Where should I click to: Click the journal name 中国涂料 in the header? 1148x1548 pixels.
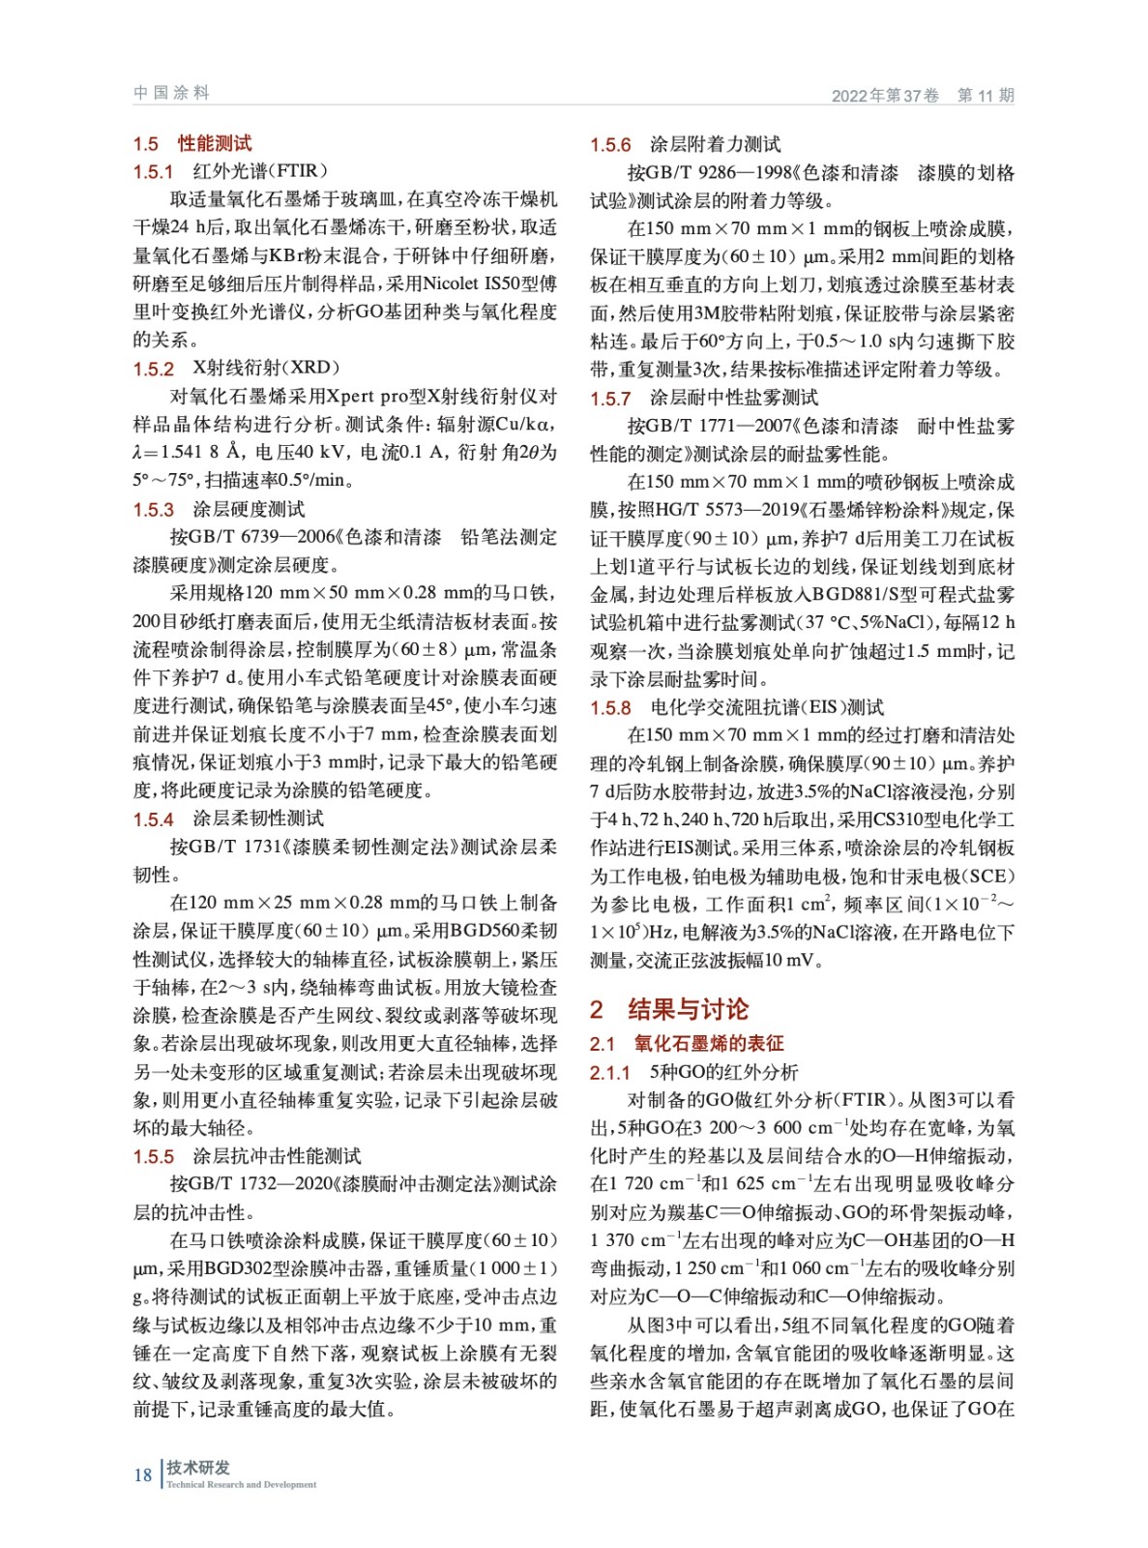tap(171, 93)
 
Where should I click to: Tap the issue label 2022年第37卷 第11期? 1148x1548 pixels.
tap(922, 95)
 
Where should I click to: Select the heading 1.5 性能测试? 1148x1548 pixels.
tap(191, 143)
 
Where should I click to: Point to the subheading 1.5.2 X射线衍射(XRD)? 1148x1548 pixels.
tap(236, 368)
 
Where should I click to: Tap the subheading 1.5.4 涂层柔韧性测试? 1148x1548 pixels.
tap(228, 819)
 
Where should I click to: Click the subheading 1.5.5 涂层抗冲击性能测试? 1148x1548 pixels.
tap(247, 1156)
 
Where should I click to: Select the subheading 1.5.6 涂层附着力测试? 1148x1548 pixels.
tap(686, 144)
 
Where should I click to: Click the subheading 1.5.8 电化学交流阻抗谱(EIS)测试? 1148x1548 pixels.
tap(737, 707)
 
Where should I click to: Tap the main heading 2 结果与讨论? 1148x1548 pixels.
tap(669, 1009)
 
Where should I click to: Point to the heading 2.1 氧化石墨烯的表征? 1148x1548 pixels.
tap(687, 1043)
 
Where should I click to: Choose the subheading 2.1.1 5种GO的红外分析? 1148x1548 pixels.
tap(694, 1072)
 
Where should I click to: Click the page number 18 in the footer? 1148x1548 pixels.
tap(142, 1474)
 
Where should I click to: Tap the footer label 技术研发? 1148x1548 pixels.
tap(198, 1467)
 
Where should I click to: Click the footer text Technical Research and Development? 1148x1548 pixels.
tap(241, 1484)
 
